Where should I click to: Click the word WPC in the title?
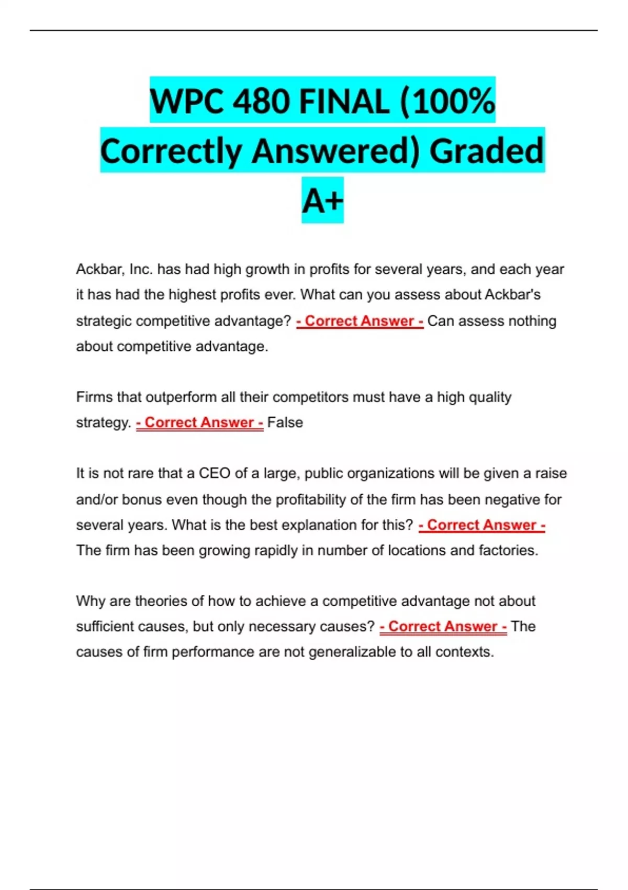186,101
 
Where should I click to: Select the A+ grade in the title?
322,201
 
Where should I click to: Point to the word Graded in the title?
487,151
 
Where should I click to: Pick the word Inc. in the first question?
141,269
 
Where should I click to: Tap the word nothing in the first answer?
532,320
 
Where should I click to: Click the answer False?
285,422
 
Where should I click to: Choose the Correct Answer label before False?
199,422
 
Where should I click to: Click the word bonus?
142,499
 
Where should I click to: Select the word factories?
508,550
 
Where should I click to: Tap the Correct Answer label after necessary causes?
443,627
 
